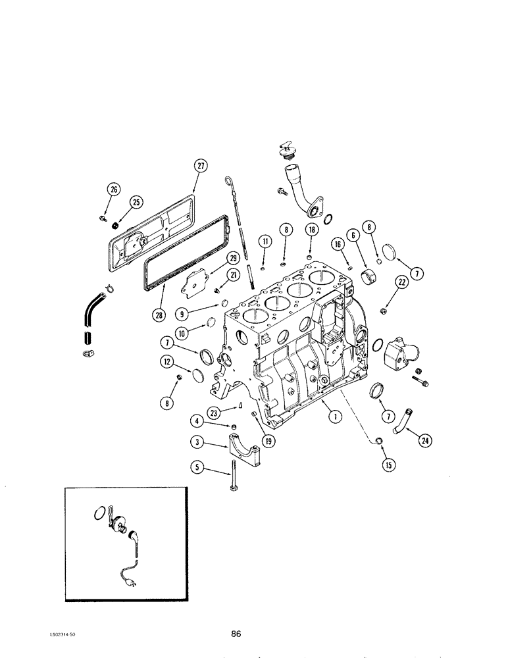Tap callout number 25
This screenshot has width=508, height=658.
[136, 202]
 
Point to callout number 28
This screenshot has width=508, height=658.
[159, 315]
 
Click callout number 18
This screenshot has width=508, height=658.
[310, 229]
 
